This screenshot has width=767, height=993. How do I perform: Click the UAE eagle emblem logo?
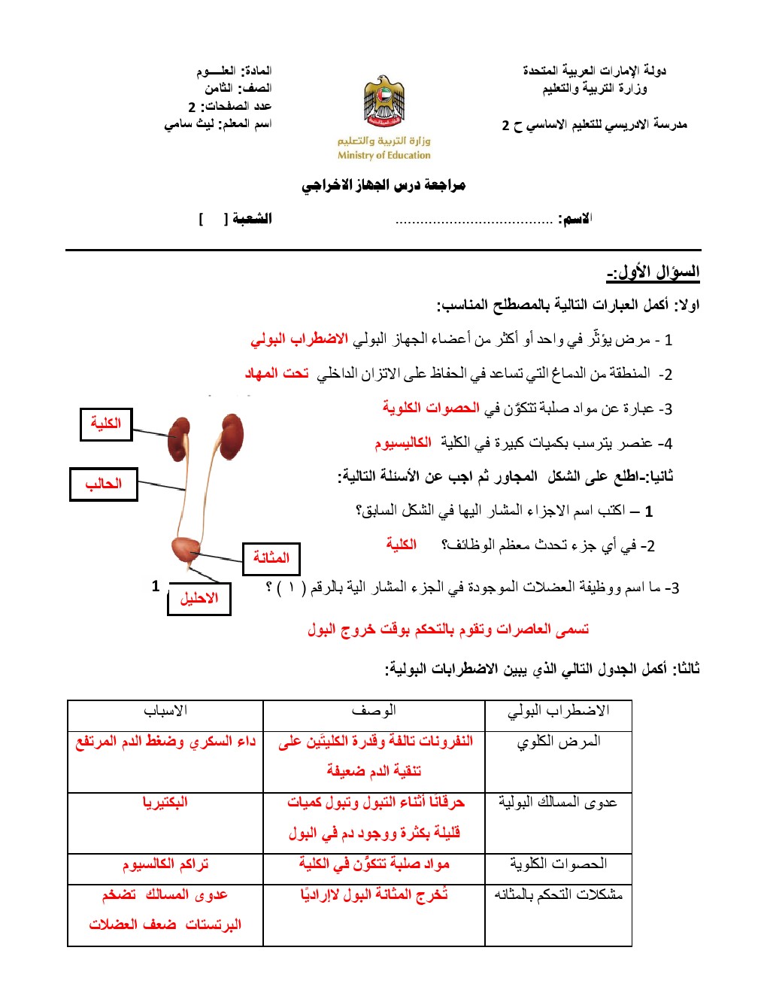tap(383, 101)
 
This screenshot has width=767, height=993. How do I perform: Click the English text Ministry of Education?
tap(383, 156)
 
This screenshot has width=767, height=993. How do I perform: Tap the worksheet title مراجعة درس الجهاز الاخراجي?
tap(383, 185)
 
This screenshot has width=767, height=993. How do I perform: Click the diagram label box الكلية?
tap(106, 424)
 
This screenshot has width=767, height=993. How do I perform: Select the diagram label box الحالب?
tap(104, 484)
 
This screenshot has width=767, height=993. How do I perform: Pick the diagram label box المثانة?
tap(271, 558)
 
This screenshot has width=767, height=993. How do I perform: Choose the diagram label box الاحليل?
tap(199, 599)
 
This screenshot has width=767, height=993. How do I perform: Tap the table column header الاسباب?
tap(165, 711)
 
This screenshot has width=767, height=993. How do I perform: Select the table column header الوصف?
tap(374, 711)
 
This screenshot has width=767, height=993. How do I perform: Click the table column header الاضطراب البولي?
tap(558, 711)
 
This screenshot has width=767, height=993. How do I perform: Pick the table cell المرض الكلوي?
tap(558, 742)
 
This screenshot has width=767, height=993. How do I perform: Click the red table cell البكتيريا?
tap(165, 803)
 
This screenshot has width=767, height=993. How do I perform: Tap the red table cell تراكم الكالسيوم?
tap(165, 864)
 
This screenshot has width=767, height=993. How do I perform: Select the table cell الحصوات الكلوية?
tap(558, 864)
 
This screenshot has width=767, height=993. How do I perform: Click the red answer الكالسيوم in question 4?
tap(403, 443)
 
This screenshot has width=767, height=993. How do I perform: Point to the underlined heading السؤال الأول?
tap(653, 272)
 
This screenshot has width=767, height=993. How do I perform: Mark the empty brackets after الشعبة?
tap(213, 219)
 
